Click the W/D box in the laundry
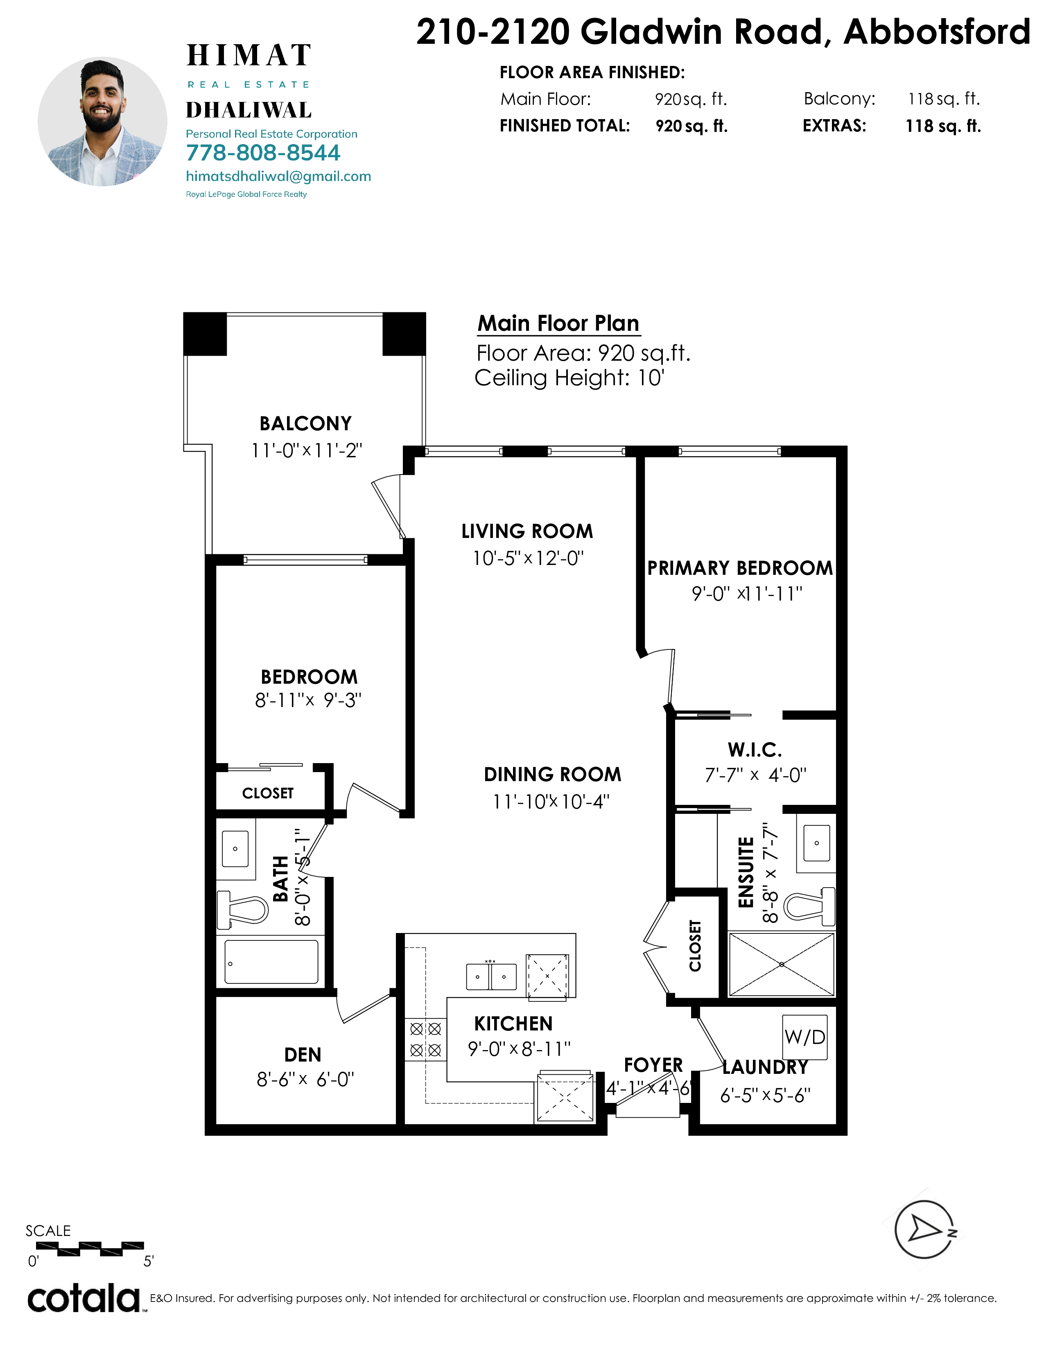[x=804, y=1037]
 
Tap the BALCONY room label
[x=305, y=424]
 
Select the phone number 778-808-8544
[x=263, y=153]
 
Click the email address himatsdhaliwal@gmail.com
[x=278, y=176]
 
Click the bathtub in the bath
[x=271, y=962]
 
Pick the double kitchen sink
[x=491, y=976]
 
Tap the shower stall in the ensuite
[x=781, y=965]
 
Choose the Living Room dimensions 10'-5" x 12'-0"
[x=528, y=558]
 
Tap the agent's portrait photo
[x=103, y=122]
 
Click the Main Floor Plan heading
[x=558, y=323]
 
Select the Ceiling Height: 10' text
[x=569, y=377]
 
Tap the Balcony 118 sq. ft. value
[x=944, y=99]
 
